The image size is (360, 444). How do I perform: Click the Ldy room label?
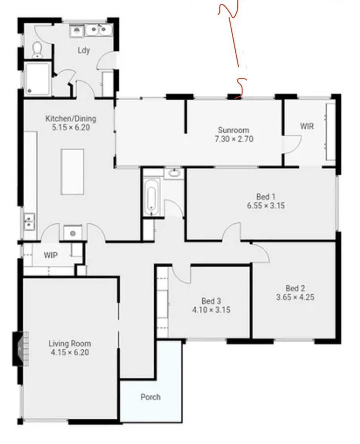point(84,50)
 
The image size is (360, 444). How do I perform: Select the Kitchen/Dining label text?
point(71,119)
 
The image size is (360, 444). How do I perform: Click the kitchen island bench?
point(72,171)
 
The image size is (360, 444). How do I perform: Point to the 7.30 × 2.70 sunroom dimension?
point(234,139)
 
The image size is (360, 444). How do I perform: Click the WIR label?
point(307,126)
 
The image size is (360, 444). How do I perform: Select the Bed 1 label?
point(266,197)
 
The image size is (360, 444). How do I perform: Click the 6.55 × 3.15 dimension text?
point(266,206)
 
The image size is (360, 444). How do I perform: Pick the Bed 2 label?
point(295,289)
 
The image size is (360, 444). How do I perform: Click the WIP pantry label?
point(50,255)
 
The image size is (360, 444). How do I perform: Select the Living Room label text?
point(70,344)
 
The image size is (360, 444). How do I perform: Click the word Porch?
point(150,397)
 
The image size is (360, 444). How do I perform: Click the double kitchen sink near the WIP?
point(29,222)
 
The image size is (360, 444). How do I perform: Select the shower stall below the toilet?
point(38,79)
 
